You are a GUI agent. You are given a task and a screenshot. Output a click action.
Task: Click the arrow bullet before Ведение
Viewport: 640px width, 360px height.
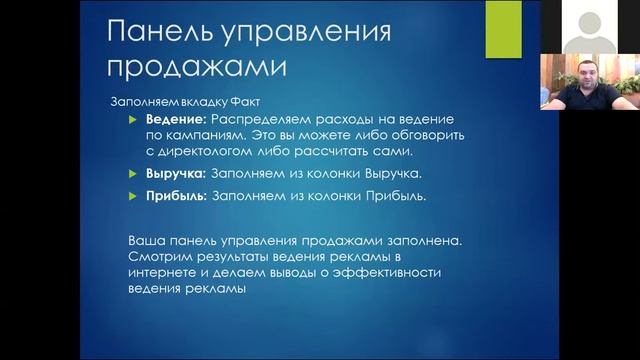(x=139, y=120)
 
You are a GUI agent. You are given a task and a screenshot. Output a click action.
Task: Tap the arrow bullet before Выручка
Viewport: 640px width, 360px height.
(x=139, y=172)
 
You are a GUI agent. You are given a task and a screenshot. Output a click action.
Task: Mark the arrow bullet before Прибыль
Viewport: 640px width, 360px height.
(x=139, y=196)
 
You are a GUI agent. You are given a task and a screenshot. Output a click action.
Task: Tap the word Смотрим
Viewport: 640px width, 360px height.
(x=161, y=258)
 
